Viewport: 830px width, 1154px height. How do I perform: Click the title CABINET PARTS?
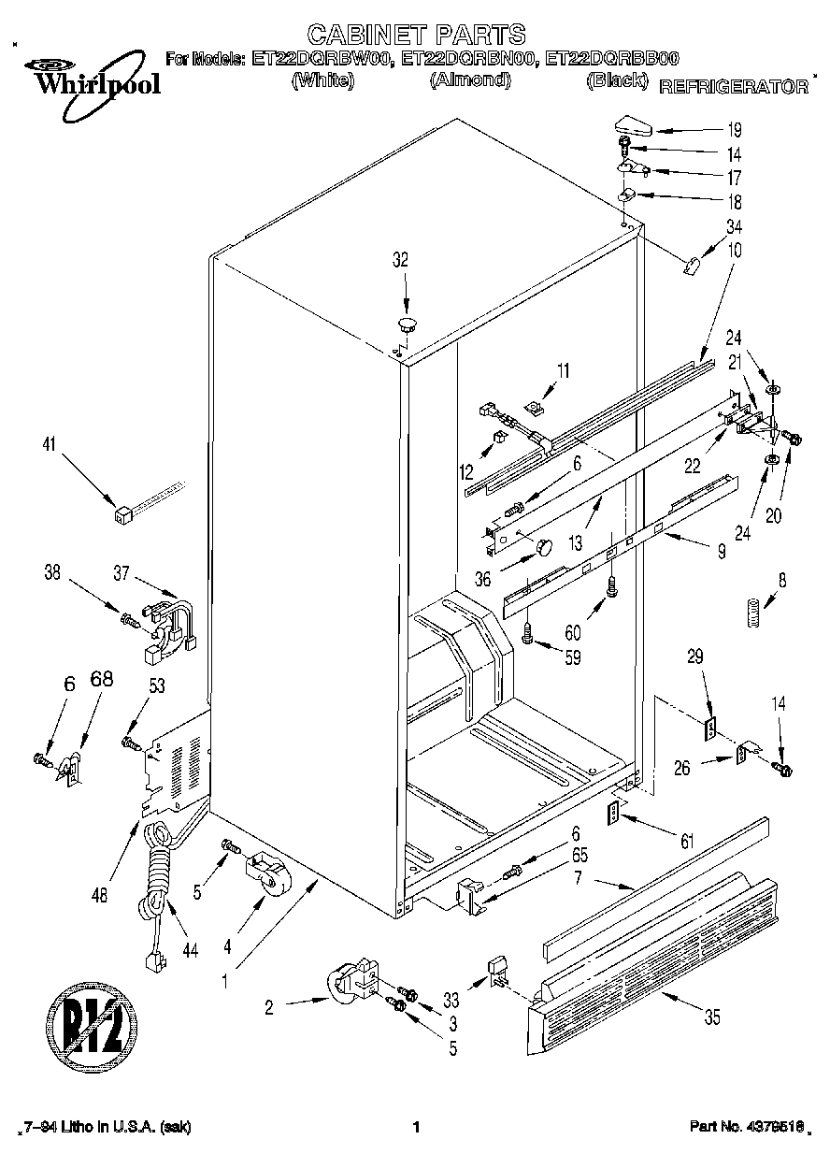[416, 36]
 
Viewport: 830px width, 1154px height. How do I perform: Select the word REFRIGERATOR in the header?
[734, 87]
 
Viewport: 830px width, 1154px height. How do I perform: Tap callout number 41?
[48, 447]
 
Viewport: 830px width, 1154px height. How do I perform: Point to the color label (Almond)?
[470, 80]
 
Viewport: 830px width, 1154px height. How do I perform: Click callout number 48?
[101, 894]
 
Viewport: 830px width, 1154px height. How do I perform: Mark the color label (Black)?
[616, 80]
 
